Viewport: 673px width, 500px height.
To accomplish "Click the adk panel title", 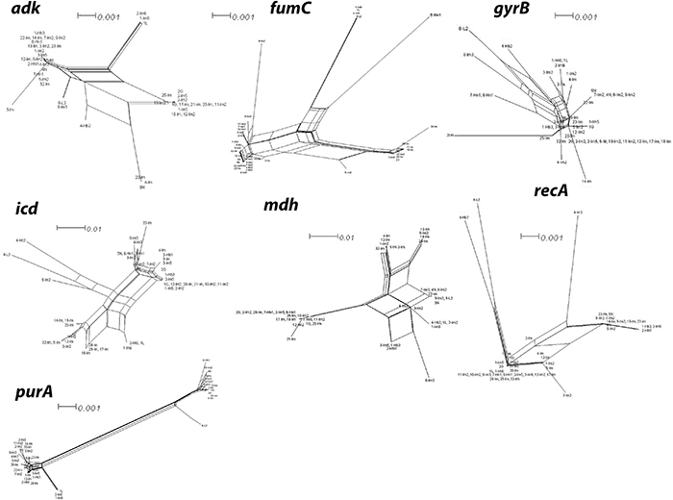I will click(27, 12).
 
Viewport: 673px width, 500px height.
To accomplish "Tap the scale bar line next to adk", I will click(86, 13).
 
